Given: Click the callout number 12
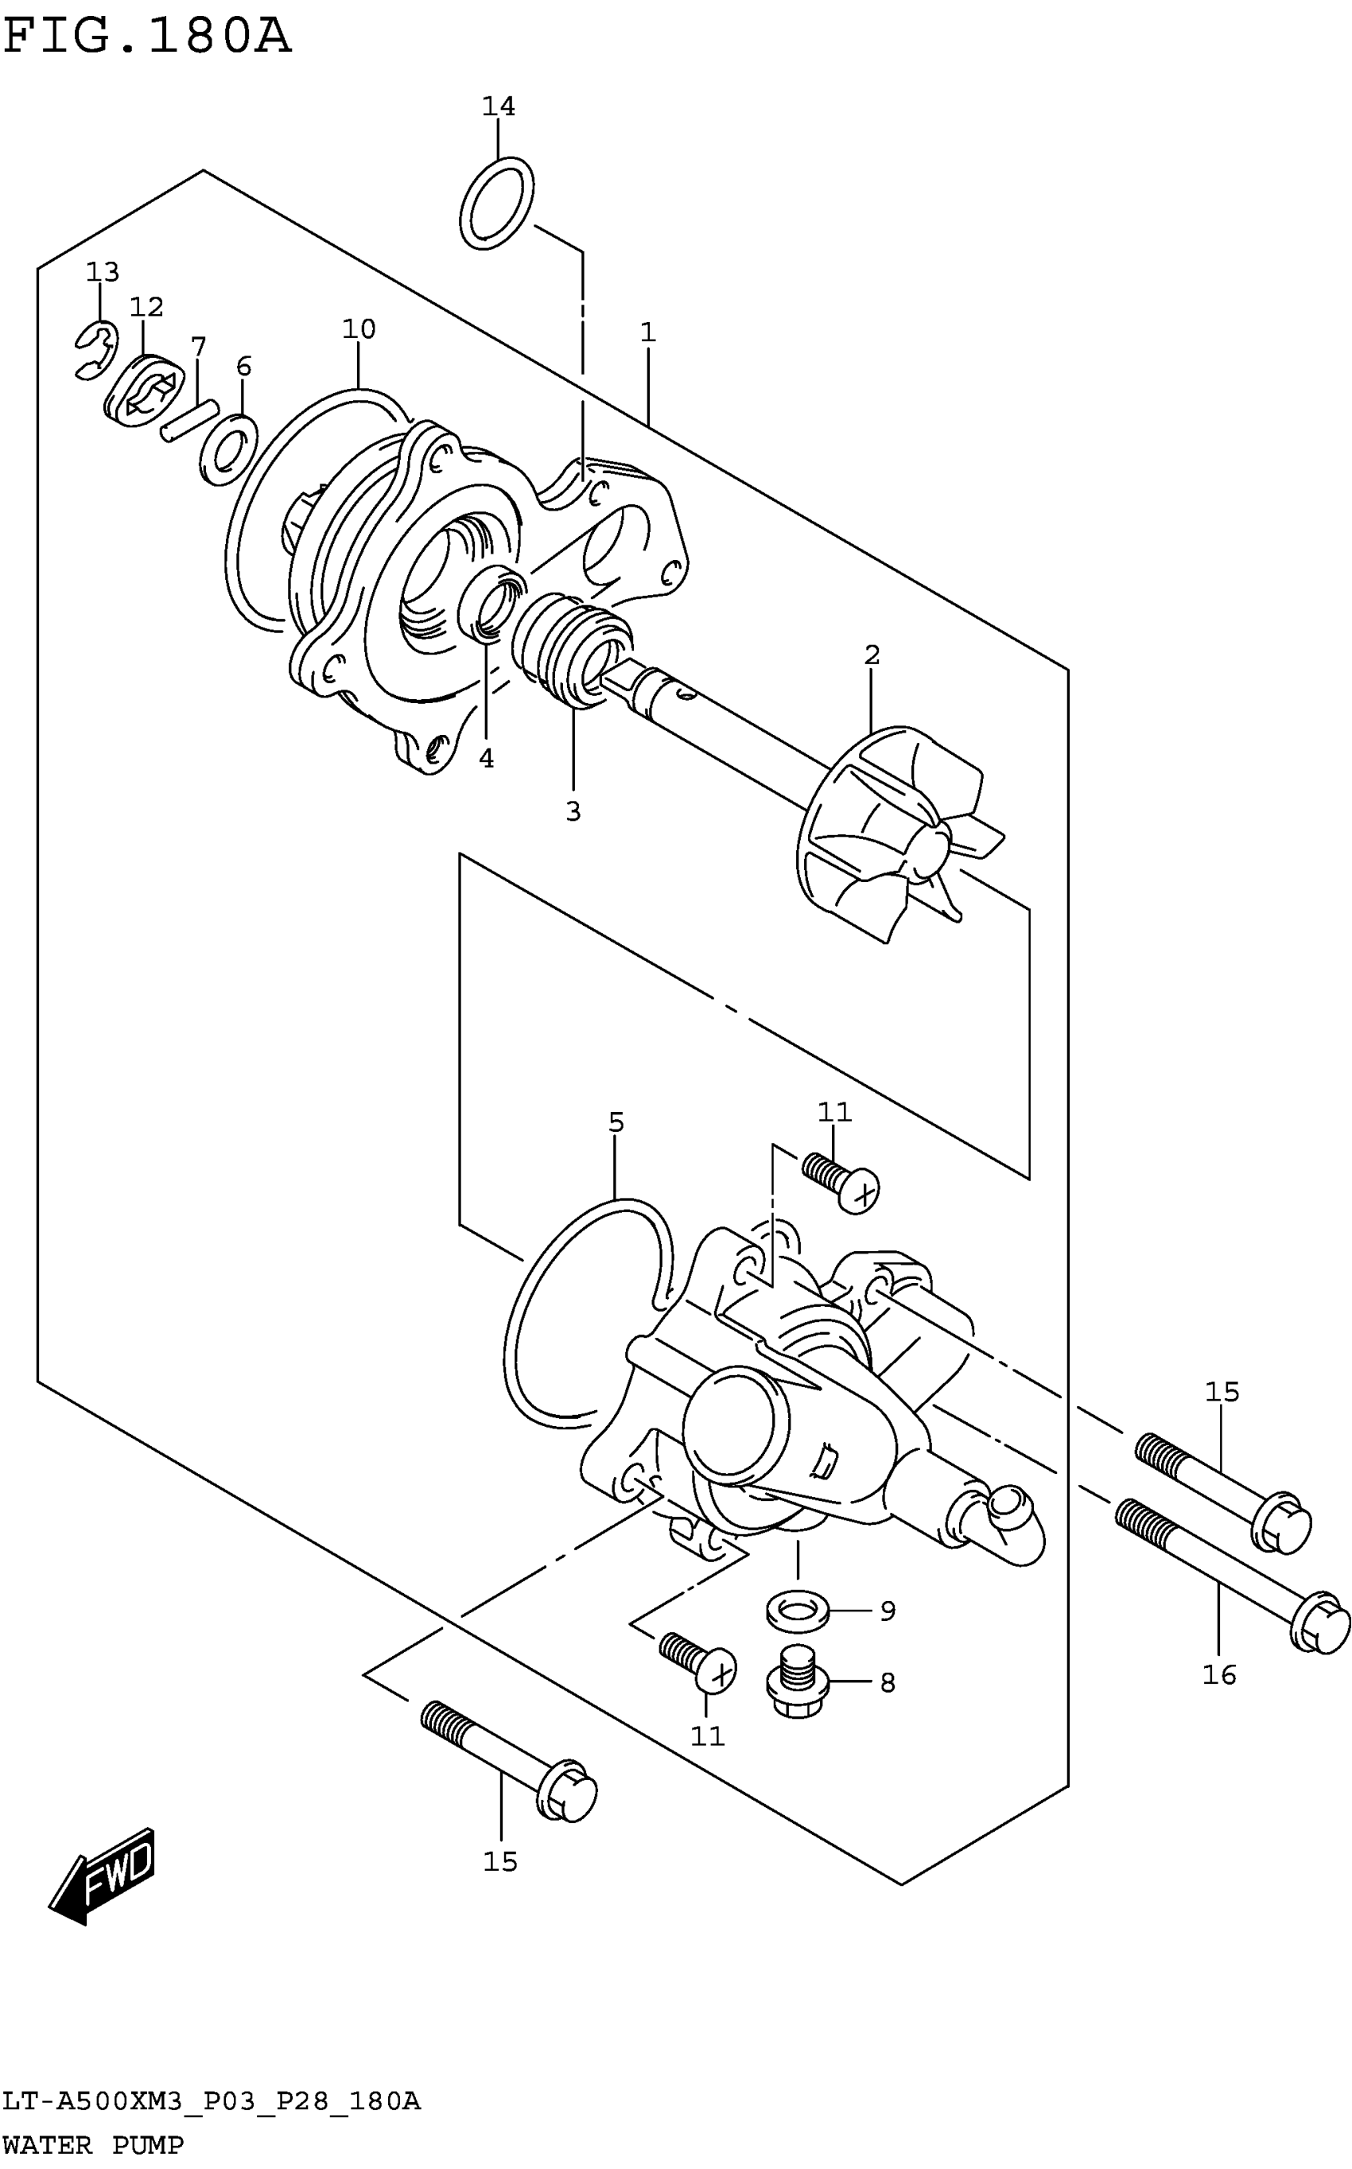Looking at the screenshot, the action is coord(146,308).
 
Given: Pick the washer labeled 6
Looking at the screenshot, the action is coord(229,449).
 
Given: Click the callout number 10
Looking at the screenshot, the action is coord(359,329).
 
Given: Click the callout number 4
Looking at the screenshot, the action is coord(486,758).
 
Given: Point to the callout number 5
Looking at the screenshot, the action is coord(616,1122).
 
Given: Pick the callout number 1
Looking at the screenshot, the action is coord(648,332).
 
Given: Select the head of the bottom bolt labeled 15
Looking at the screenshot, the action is coord(567,1791).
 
